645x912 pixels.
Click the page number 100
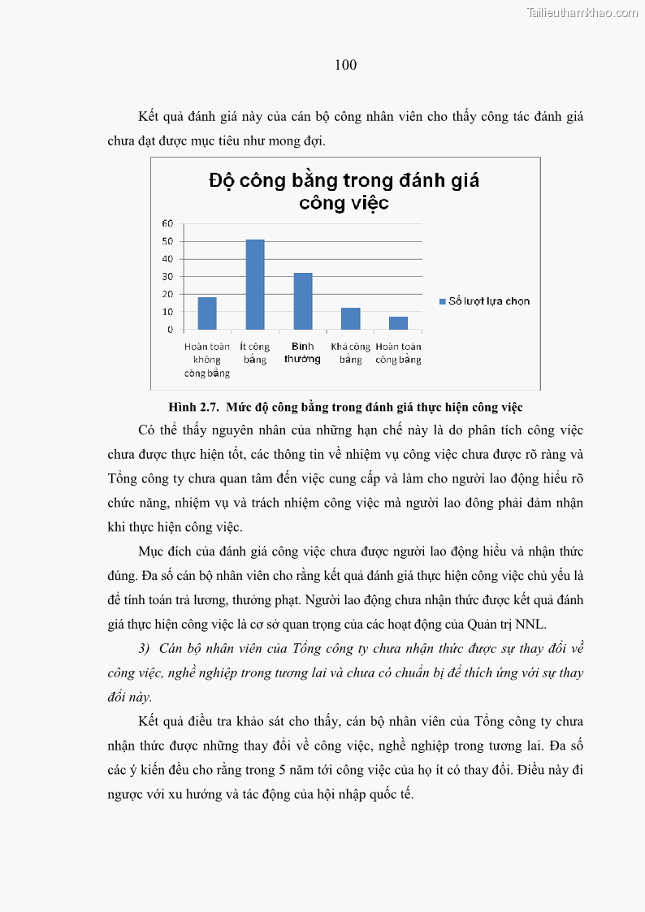345,65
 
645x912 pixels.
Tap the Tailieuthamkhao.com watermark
582,12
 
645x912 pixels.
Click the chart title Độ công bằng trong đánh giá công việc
344,191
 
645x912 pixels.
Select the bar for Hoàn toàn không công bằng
207,313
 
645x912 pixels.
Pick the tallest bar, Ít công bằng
255,284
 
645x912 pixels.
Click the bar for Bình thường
302,301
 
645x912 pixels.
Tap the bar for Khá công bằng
350,318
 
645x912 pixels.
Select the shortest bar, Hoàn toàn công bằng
398,323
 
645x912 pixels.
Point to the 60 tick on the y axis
167,223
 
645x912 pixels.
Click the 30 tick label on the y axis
167,277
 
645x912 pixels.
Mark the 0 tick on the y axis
170,330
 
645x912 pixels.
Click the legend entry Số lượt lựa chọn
489,301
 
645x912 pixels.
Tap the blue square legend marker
442,301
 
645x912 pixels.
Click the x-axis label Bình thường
302,352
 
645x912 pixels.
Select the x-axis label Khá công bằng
350,352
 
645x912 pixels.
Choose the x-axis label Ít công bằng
255,352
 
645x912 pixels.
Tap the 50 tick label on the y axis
167,241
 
